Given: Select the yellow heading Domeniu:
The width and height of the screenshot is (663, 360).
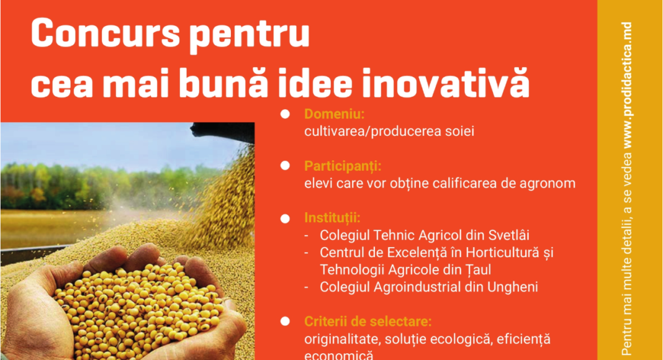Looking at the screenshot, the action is coord(334,114).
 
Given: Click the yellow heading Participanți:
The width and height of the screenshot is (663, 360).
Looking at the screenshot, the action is coord(343,166).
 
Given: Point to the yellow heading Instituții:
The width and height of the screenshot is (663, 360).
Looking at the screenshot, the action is coord(332,218).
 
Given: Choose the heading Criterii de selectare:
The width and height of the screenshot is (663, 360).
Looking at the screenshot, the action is coord(368,322).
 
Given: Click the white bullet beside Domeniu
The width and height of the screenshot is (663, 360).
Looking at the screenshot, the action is coord(285,114).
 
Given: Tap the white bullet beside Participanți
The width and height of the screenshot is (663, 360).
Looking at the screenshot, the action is coord(285,166).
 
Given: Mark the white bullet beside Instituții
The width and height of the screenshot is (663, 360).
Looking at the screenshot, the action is coord(285,218).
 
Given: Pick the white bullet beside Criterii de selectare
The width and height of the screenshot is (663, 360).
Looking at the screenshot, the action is coord(285,322).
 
